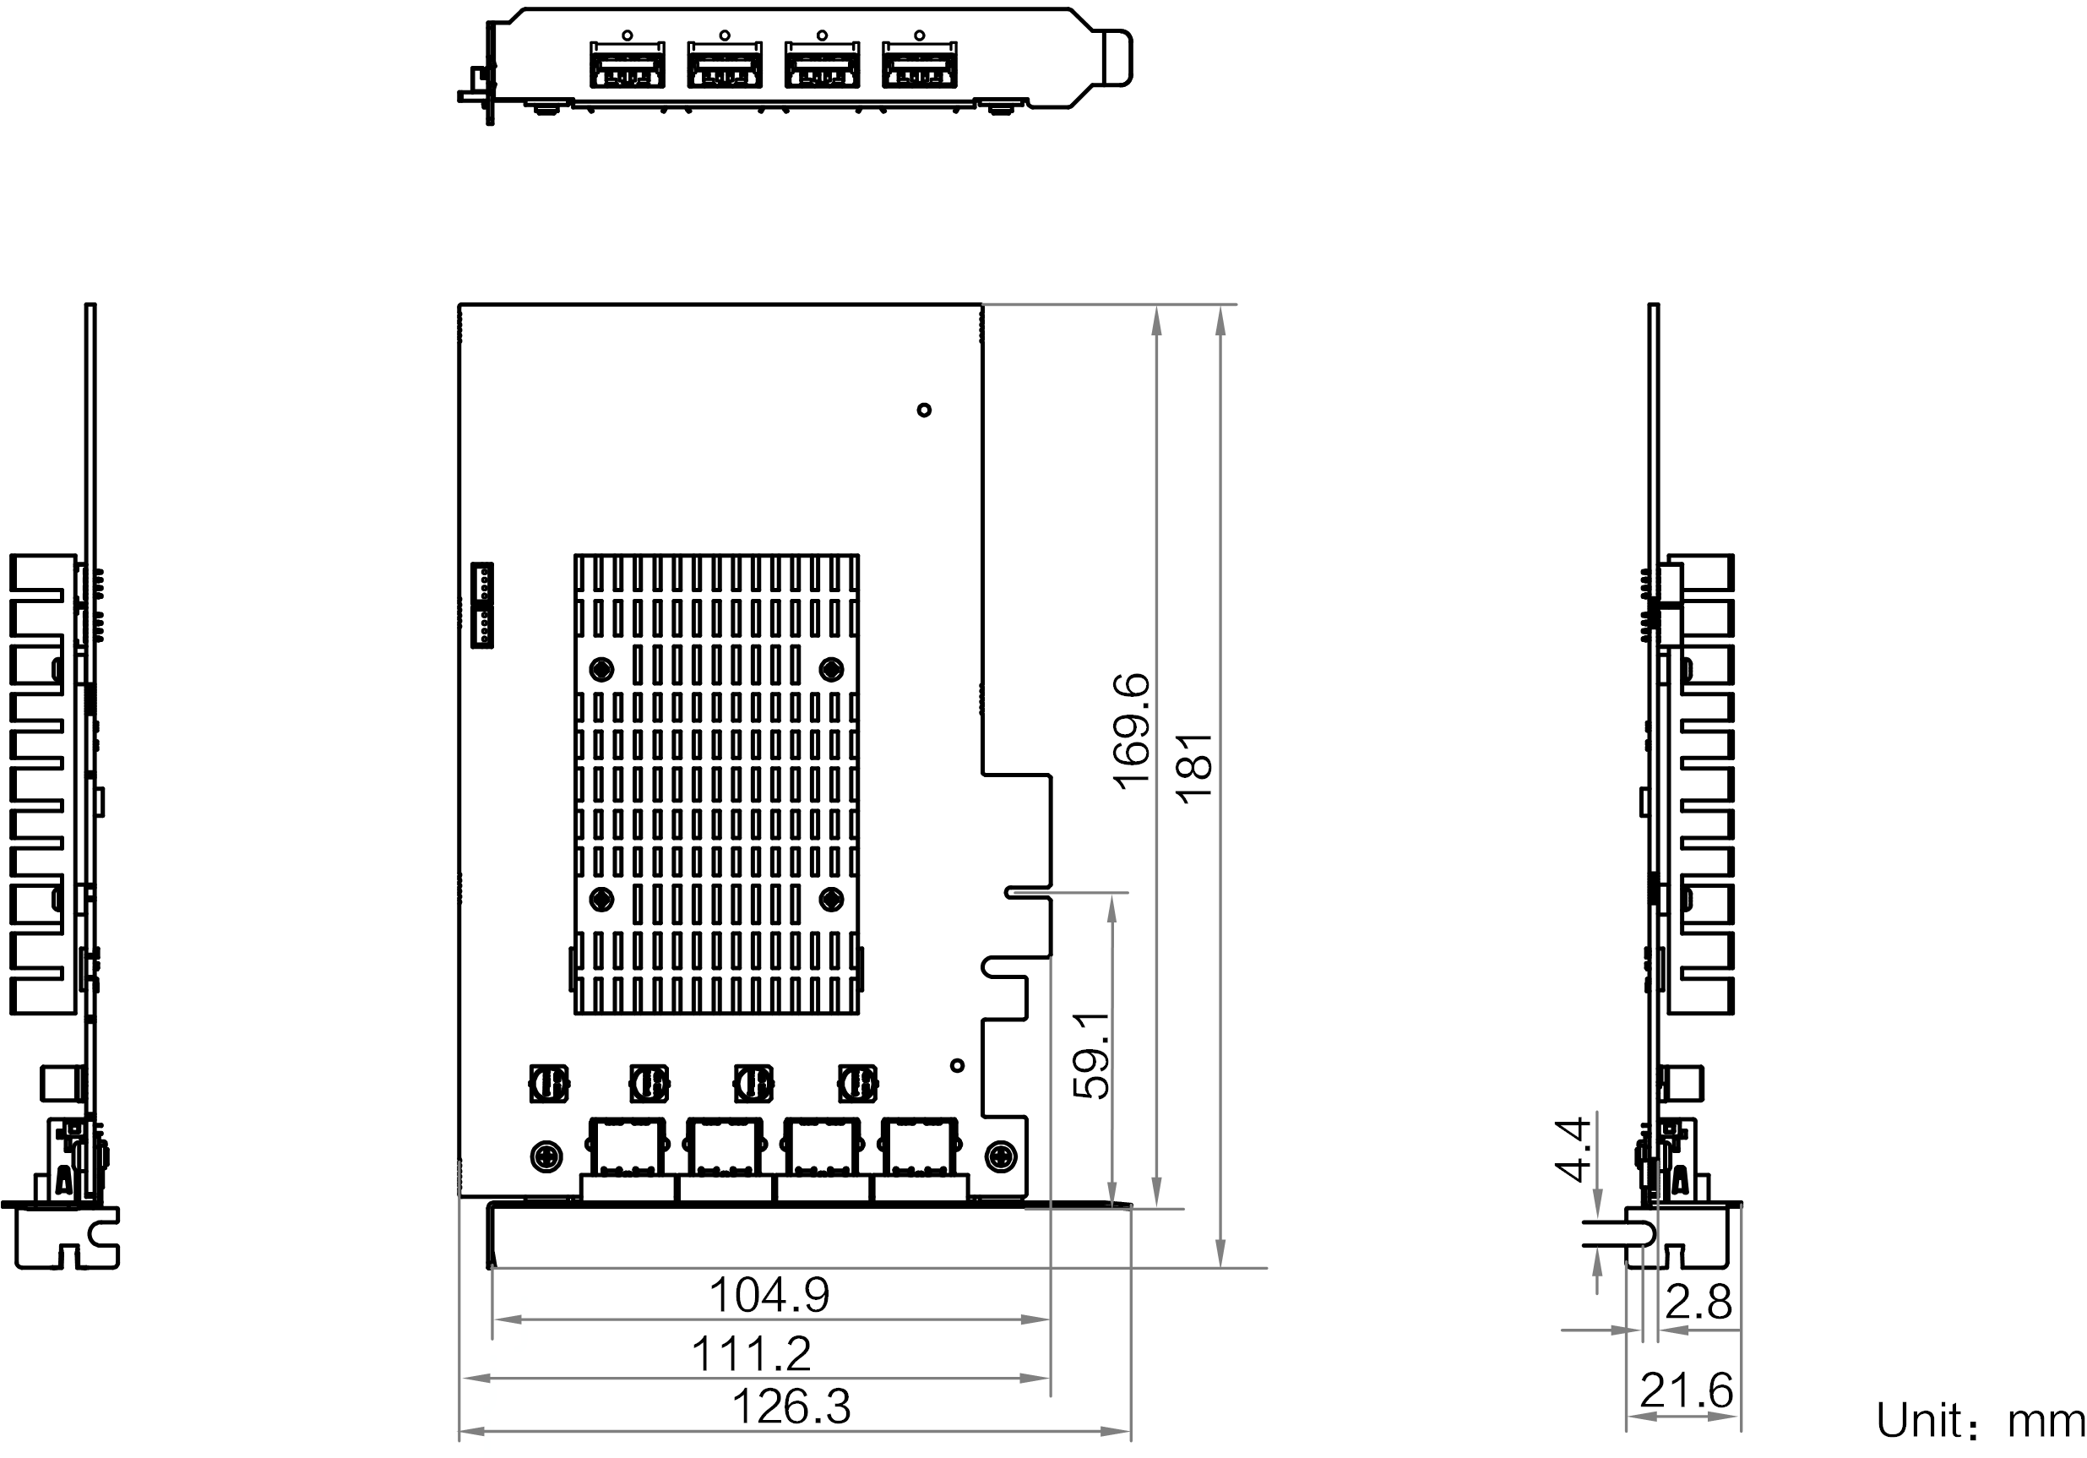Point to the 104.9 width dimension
(x=769, y=1295)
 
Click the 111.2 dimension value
(x=751, y=1354)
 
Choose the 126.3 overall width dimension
(x=791, y=1407)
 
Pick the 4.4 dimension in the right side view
(x=1573, y=1149)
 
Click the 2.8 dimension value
(x=1698, y=1302)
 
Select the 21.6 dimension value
(x=1686, y=1390)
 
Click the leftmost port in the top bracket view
(x=628, y=64)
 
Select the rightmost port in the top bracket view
(x=920, y=64)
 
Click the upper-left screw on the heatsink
(x=601, y=670)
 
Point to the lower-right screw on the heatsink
(x=831, y=900)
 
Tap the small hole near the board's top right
(x=925, y=410)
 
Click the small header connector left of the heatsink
(x=481, y=606)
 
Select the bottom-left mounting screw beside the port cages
(x=546, y=1157)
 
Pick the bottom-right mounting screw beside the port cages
(x=1001, y=1157)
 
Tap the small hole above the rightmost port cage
(x=956, y=1065)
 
